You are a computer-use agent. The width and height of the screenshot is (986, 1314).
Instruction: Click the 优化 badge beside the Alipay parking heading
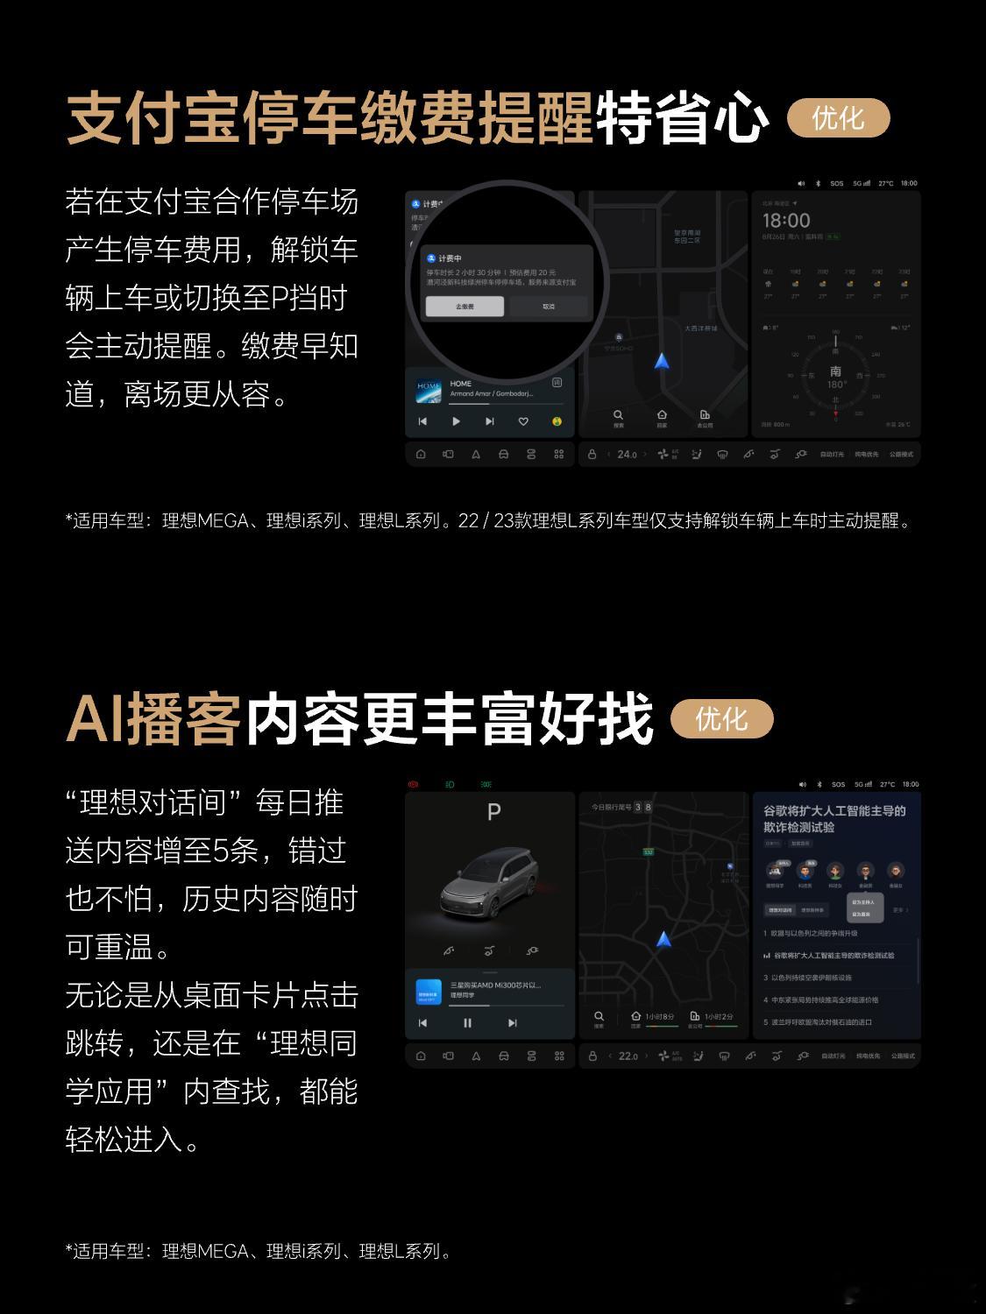point(838,119)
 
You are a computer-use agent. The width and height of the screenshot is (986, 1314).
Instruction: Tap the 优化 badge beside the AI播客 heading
point(721,719)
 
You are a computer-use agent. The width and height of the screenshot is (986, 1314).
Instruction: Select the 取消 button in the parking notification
point(549,307)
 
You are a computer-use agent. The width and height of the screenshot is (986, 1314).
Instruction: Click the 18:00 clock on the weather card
point(786,221)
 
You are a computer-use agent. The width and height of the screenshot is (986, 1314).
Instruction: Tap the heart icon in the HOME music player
point(523,421)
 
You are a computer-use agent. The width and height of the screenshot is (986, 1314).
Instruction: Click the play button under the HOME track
point(456,421)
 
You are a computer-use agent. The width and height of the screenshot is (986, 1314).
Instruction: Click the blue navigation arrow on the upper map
point(662,361)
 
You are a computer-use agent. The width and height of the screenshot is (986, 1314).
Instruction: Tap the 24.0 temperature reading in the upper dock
point(627,455)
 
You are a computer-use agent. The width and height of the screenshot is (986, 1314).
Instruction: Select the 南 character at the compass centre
point(835,371)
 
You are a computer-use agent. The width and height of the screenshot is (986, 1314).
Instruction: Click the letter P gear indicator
point(493,812)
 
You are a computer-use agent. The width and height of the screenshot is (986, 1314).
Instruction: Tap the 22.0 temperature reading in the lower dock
point(628,1056)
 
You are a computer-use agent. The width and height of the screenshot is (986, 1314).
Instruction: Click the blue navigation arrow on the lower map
point(663,940)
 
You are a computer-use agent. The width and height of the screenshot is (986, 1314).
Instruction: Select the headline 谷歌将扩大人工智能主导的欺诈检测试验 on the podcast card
point(834,819)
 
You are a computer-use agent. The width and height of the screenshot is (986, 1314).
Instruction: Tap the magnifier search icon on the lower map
point(599,1017)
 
